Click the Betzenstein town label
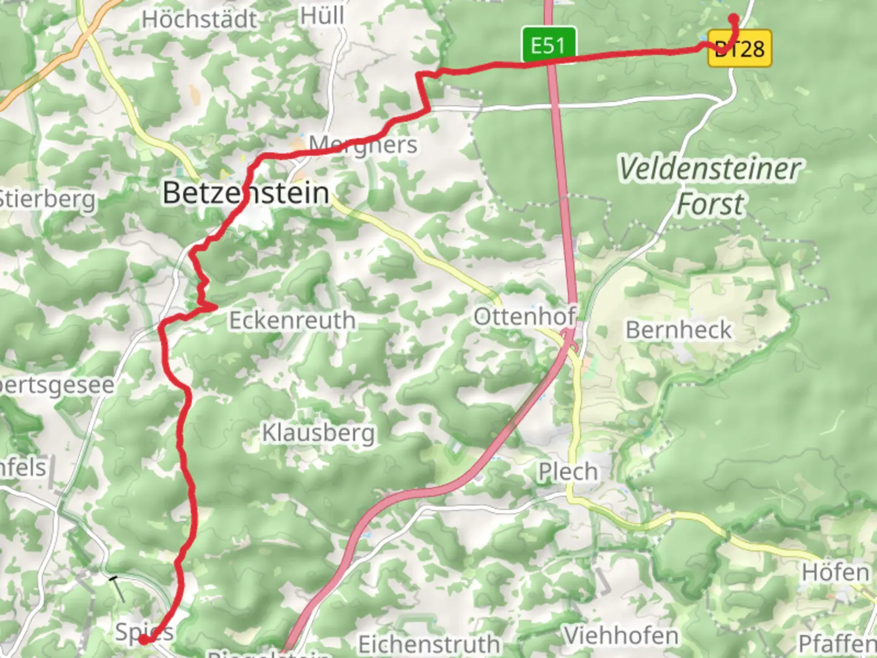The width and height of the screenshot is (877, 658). click(246, 194)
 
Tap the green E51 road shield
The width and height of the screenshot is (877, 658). click(548, 46)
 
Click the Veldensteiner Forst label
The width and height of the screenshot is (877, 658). click(710, 186)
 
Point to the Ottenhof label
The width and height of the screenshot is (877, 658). click(525, 316)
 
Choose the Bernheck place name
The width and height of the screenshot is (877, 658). click(678, 330)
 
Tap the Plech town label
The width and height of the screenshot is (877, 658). click(568, 472)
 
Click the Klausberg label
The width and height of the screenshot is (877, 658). click(318, 433)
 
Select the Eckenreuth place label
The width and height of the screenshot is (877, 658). click(292, 320)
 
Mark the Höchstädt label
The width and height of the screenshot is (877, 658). click(200, 19)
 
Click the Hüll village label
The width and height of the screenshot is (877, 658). click(322, 15)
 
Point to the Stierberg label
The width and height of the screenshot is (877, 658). click(48, 199)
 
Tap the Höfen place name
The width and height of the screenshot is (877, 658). click(836, 573)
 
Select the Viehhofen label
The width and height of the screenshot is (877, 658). click(621, 636)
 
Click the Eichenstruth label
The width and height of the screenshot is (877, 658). click(429, 644)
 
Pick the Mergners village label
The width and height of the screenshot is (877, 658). click(363, 145)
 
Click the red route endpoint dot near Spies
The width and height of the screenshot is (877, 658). click(143, 640)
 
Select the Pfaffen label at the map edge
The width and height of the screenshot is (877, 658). click(837, 643)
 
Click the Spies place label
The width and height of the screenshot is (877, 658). click(144, 631)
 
